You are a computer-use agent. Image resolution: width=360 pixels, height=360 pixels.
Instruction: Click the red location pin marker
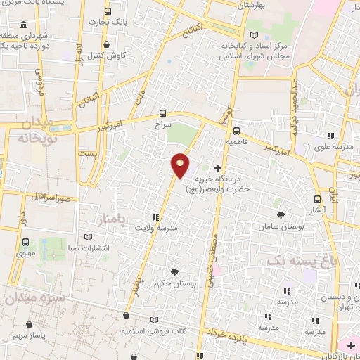(181, 165)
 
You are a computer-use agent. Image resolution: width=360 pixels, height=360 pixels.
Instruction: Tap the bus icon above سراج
(163, 112)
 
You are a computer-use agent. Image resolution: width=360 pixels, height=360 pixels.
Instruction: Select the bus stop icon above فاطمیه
(236, 130)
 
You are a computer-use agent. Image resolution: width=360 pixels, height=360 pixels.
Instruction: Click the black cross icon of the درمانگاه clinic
(217, 168)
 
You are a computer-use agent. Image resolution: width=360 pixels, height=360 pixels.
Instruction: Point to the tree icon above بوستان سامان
(281, 215)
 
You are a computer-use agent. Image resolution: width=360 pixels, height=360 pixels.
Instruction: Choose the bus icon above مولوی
(25, 240)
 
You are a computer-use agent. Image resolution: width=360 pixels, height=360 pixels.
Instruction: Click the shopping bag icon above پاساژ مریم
(30, 325)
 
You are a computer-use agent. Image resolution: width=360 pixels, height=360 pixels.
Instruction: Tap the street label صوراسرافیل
(53, 197)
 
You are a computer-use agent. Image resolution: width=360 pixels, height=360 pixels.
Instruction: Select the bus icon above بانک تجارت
(107, 12)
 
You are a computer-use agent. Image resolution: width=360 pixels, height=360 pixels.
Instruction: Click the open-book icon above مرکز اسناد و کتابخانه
(254, 35)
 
